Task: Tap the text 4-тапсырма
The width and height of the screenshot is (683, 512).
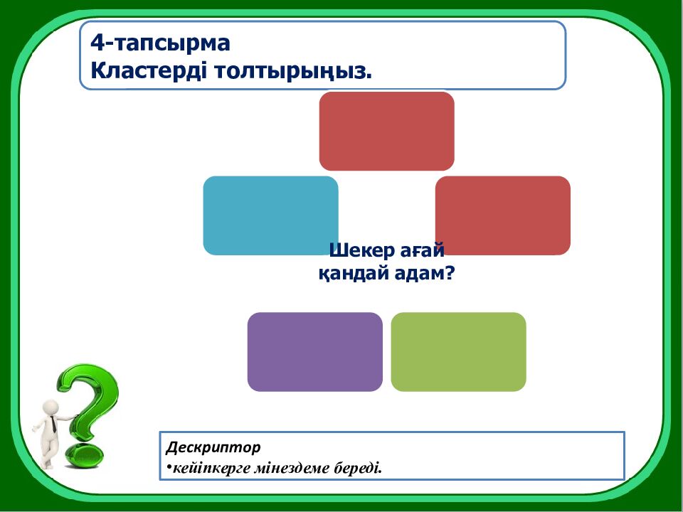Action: tap(160, 43)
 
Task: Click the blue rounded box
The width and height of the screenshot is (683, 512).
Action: tap(270, 215)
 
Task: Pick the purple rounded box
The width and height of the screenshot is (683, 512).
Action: tap(314, 351)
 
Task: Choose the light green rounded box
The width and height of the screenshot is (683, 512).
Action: tap(458, 351)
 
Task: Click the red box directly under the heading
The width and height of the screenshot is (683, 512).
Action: tap(386, 130)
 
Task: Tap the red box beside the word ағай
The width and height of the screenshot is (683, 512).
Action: tap(502, 215)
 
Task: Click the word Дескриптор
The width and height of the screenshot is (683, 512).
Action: tap(213, 447)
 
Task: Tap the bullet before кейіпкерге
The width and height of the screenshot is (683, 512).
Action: tap(169, 468)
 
